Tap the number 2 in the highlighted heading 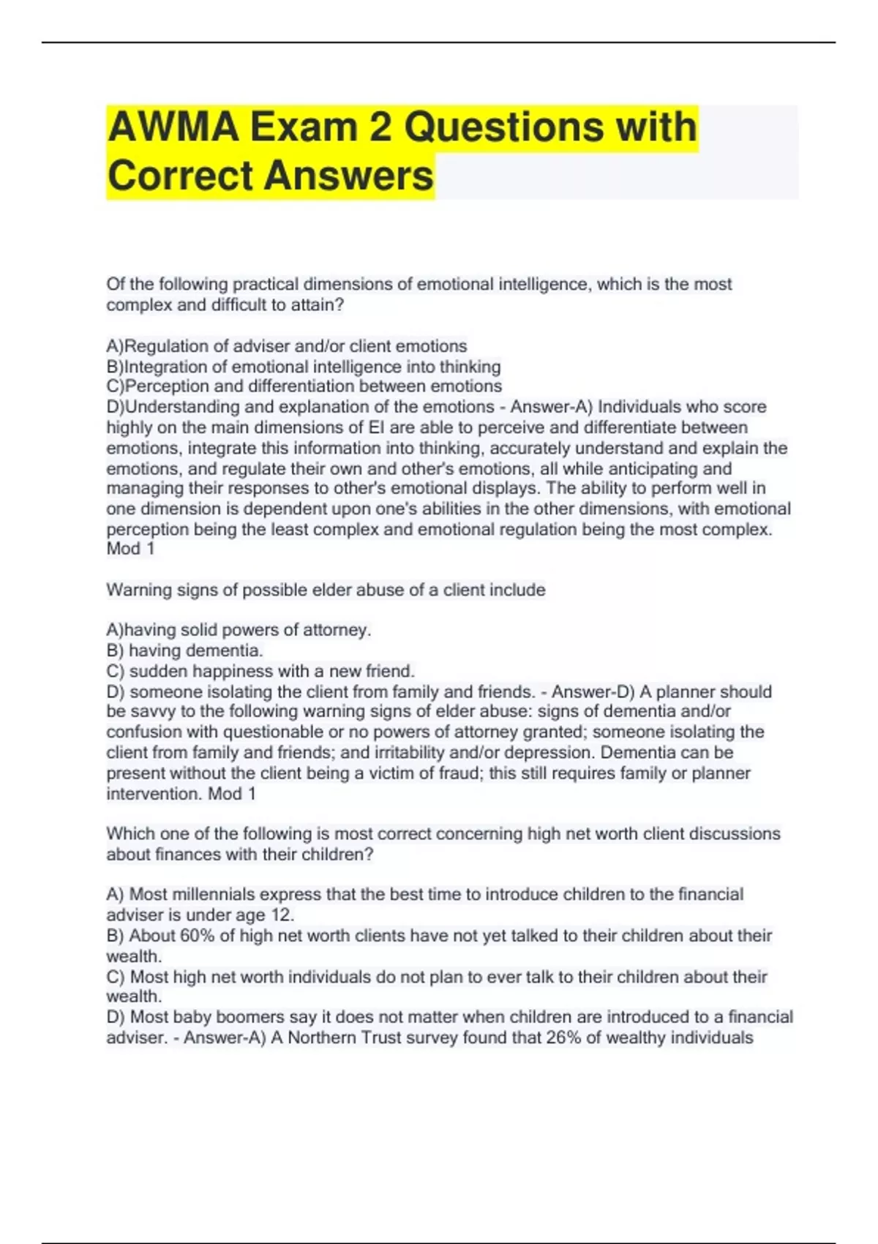click(380, 127)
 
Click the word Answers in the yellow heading click(348, 176)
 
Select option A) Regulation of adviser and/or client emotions click(287, 346)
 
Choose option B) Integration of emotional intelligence click(304, 367)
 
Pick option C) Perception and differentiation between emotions click(304, 386)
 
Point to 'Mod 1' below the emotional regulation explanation click(130, 549)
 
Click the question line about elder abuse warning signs click(326, 590)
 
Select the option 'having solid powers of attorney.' click(248, 630)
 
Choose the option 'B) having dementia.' click(184, 651)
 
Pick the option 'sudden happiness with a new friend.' click(271, 671)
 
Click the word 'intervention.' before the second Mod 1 click(154, 794)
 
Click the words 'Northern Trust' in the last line click(334, 1038)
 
